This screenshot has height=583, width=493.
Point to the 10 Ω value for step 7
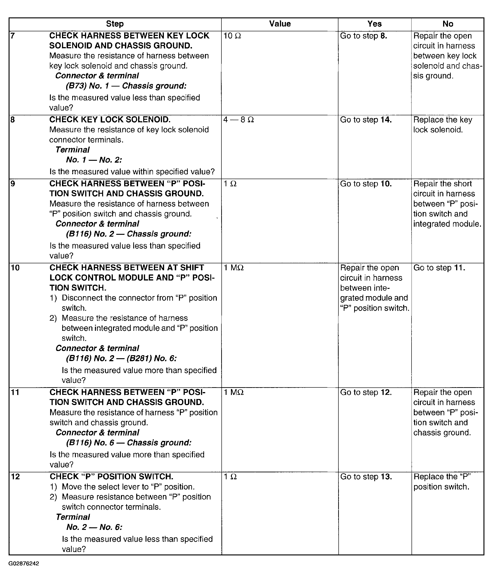click(x=232, y=36)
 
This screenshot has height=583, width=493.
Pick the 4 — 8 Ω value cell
click(x=239, y=120)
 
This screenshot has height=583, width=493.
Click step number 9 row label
click(x=13, y=184)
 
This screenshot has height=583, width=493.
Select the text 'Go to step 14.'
click(x=366, y=120)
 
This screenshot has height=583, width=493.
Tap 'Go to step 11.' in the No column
click(x=439, y=268)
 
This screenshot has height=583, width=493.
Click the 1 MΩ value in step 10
click(x=234, y=268)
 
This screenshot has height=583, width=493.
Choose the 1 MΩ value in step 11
click(x=234, y=393)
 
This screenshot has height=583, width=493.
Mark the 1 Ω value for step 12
click(x=230, y=477)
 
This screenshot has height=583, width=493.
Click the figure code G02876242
click(x=24, y=564)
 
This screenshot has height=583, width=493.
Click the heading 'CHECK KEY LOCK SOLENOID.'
click(x=110, y=120)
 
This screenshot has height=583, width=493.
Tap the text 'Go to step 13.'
click(x=366, y=477)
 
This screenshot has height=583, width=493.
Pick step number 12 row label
click(x=15, y=477)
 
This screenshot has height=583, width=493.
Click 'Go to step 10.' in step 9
click(x=366, y=184)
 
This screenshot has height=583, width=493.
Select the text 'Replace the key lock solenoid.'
click(x=442, y=125)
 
